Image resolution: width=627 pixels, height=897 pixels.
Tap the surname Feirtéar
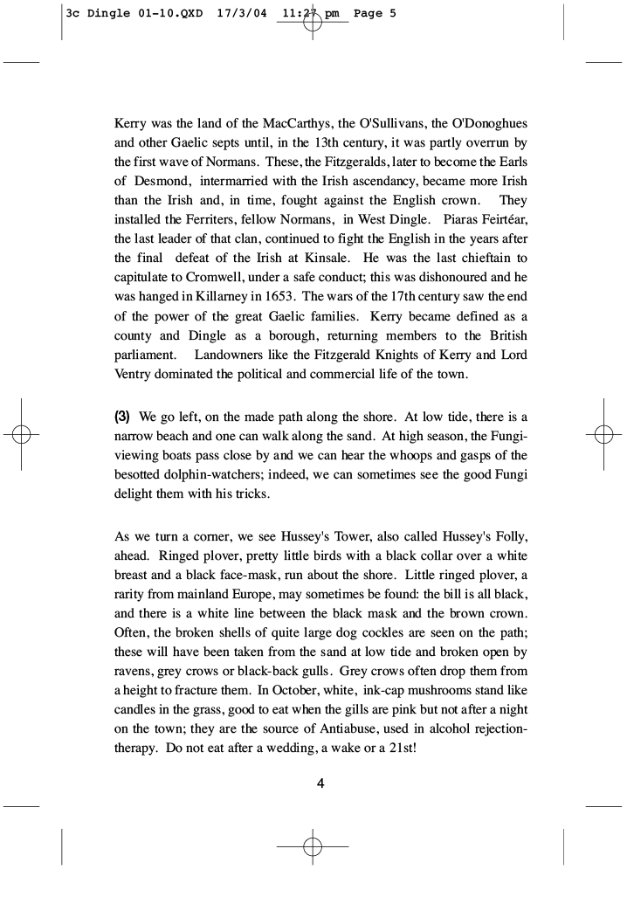pyautogui.click(x=500, y=219)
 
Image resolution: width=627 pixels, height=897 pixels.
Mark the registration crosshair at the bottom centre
pyautogui.click(x=313, y=846)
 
